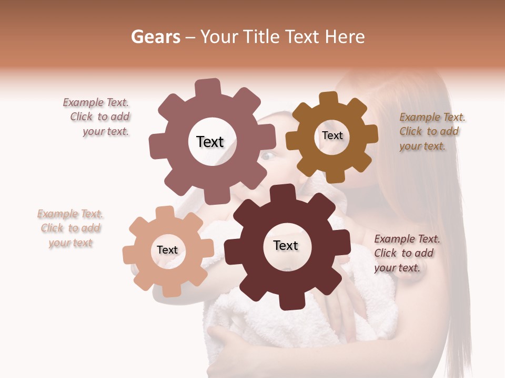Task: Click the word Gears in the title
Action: coord(153,37)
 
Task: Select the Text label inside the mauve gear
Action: coord(210,142)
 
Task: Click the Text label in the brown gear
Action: coord(332,135)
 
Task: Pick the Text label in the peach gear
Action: coord(167,250)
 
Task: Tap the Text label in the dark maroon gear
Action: coord(286,246)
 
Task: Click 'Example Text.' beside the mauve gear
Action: coord(96,103)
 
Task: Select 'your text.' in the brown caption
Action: coord(422,146)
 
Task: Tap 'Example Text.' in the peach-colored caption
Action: coord(70,214)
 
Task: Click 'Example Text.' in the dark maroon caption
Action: coord(407,239)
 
